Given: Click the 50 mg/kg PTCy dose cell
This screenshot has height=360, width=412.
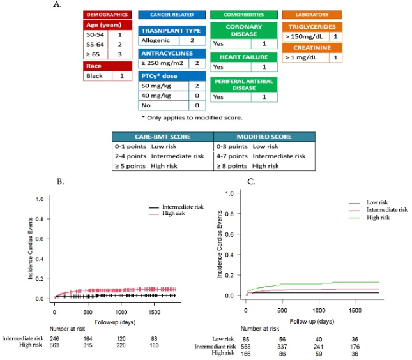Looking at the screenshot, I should tap(156, 85).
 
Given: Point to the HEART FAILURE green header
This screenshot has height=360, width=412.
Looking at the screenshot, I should tap(245, 57).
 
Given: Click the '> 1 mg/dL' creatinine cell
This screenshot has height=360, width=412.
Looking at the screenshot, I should tap(304, 57).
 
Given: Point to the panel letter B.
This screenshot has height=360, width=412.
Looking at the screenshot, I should tap(59, 182).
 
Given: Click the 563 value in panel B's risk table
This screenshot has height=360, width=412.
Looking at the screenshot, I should tap(57, 345).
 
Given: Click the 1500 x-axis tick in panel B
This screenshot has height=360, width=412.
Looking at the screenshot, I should tap(153, 305).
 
